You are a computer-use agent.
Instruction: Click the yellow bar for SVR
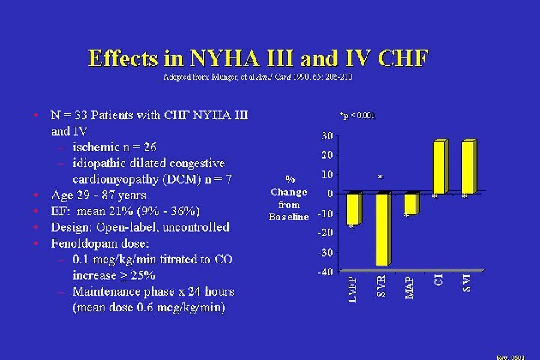(x=382, y=229)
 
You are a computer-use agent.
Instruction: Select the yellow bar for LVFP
(x=353, y=208)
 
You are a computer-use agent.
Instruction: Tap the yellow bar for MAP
(x=410, y=204)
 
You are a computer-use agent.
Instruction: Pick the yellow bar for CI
(x=439, y=167)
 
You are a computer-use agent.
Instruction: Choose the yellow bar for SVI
(x=467, y=167)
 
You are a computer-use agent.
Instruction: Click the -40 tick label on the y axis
(x=325, y=271)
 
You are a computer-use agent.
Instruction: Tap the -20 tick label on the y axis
(x=325, y=232)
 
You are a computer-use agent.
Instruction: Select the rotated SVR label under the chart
(x=381, y=284)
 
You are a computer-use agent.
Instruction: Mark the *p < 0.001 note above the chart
(x=357, y=115)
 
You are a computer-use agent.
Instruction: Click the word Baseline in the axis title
(x=289, y=217)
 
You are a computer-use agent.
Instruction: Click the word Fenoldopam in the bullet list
(x=86, y=243)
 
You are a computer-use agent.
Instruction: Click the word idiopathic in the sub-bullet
(x=103, y=163)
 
